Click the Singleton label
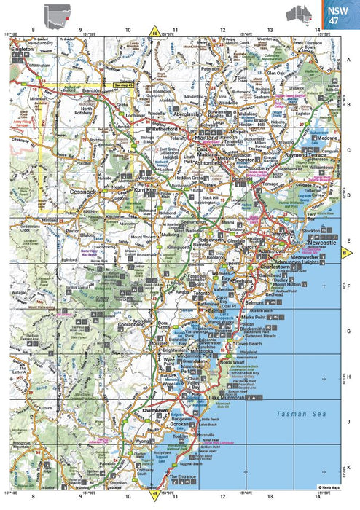[x=23, y=49]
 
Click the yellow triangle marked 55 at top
[x=154, y=31]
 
